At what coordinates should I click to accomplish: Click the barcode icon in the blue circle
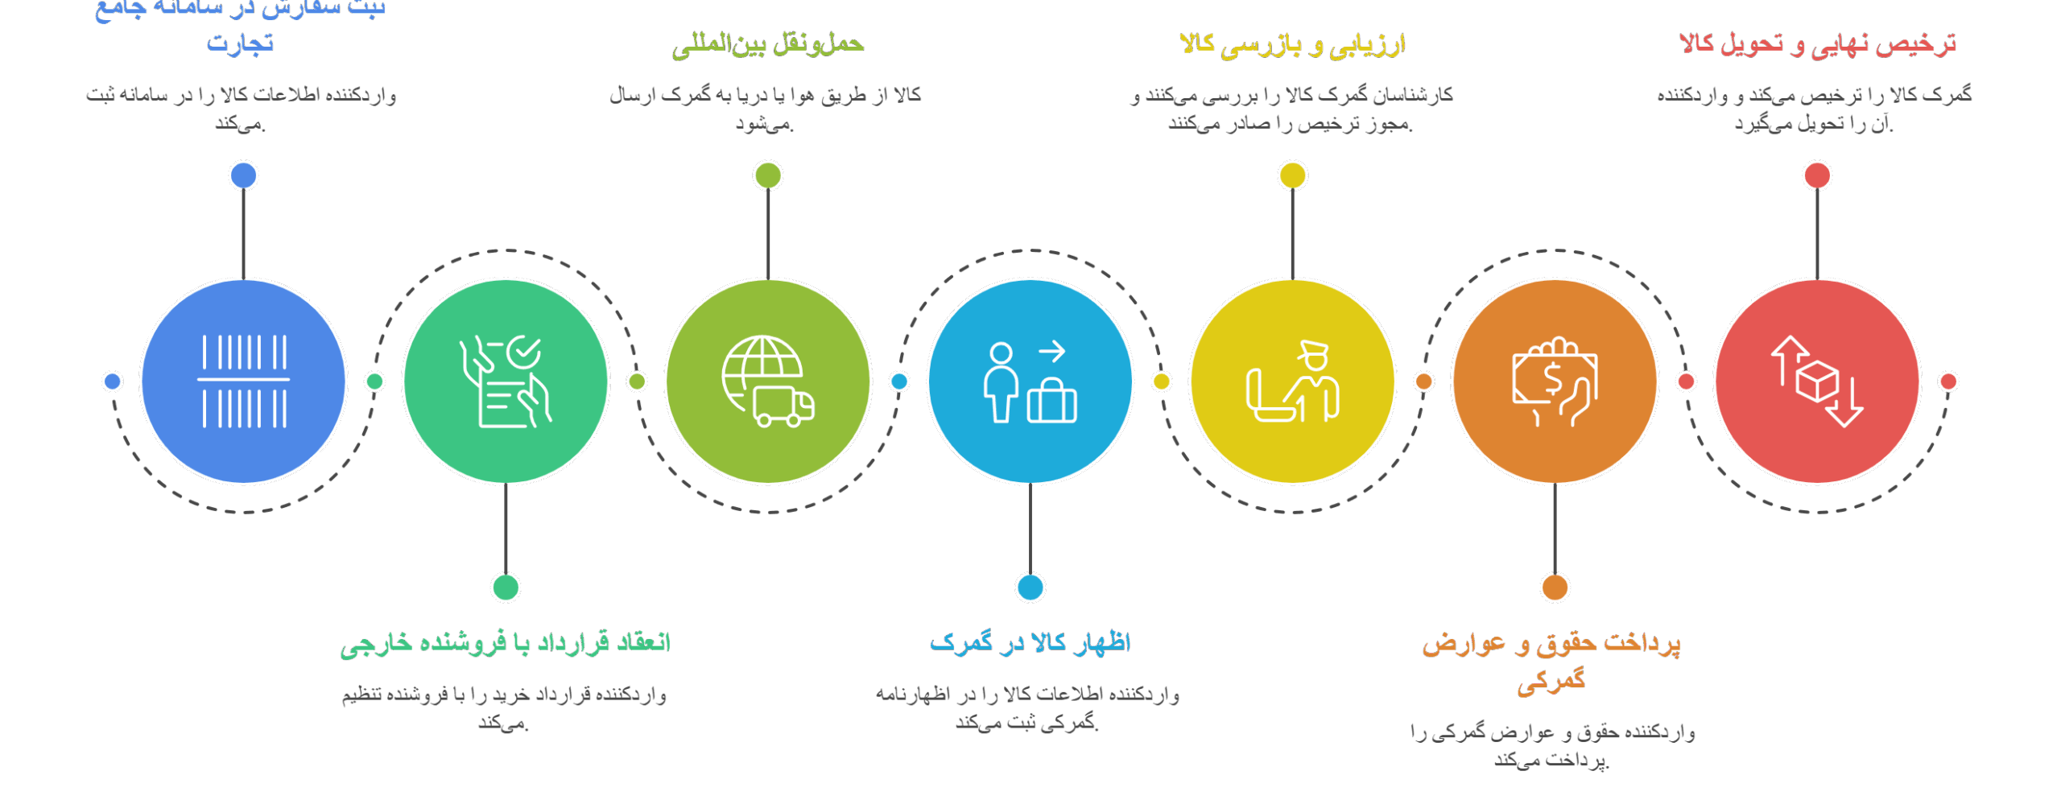[243, 381]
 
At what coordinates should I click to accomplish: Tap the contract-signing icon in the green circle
[506, 381]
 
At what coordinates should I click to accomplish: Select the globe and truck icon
[768, 381]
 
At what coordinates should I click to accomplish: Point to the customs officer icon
[1293, 381]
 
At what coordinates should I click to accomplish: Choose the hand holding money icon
[1555, 381]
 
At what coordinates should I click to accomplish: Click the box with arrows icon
[1817, 381]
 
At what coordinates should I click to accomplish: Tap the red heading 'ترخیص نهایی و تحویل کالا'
[1817, 43]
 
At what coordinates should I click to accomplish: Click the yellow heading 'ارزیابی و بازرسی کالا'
[1292, 44]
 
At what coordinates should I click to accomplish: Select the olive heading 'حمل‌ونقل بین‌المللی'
[768, 44]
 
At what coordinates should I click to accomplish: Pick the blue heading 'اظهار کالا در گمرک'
[1030, 642]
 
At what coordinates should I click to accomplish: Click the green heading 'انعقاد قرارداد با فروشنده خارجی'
[506, 643]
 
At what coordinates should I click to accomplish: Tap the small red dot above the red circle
[1817, 175]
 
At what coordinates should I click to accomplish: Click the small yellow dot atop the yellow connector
[1293, 175]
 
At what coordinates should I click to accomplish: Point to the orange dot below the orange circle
[1555, 588]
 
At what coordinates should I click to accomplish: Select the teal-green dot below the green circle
[506, 588]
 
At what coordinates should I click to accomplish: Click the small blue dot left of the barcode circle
[113, 381]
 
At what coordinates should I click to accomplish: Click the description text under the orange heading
[1552, 745]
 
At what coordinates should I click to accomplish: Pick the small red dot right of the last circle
[1948, 381]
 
